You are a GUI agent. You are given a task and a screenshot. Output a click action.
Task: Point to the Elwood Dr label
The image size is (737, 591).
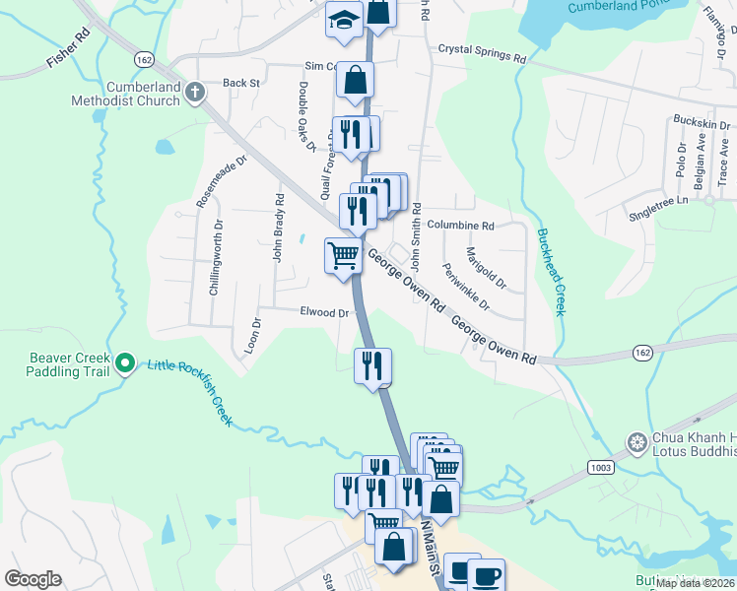click(x=325, y=313)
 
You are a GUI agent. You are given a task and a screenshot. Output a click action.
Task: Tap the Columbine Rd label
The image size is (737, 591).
click(x=460, y=226)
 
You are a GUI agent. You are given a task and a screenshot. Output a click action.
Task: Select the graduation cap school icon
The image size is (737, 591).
click(x=345, y=22)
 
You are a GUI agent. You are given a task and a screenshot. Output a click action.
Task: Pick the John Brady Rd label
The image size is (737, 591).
click(x=279, y=228)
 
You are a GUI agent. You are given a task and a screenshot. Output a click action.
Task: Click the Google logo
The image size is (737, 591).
click(x=33, y=579)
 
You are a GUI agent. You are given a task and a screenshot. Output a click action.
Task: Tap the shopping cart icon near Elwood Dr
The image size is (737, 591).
click(x=343, y=256)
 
